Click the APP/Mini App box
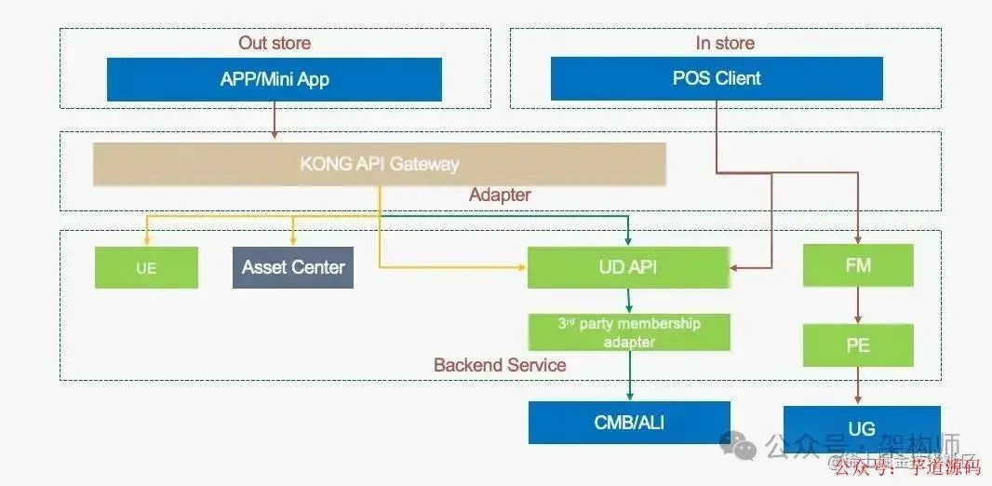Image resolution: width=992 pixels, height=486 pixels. point(275,79)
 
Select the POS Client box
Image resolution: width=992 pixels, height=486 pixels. point(717,79)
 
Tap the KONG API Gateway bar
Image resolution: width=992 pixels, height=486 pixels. point(379,164)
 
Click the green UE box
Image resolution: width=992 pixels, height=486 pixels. point(146,267)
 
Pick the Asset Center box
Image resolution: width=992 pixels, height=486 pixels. point(292,267)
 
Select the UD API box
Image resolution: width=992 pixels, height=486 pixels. point(628,267)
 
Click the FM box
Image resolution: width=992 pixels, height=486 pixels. point(858,266)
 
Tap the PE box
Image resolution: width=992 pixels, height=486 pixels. point(858,345)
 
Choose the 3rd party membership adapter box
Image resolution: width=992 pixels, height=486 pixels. point(628,332)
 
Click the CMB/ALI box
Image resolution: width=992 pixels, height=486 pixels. point(629,423)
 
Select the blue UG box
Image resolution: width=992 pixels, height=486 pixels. point(862,428)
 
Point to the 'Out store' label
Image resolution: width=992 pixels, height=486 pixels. point(275,43)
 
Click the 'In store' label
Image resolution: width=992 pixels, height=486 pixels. point(725,43)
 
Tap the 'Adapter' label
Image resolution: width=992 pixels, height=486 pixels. point(500,196)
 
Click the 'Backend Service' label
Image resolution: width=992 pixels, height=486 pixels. point(500,365)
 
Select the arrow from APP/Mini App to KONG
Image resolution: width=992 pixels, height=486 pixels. point(275,121)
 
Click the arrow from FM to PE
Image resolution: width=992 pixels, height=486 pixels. point(858,305)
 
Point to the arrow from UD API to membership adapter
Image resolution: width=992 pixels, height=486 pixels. point(629,301)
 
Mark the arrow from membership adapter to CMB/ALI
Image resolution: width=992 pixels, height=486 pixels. point(629,376)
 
